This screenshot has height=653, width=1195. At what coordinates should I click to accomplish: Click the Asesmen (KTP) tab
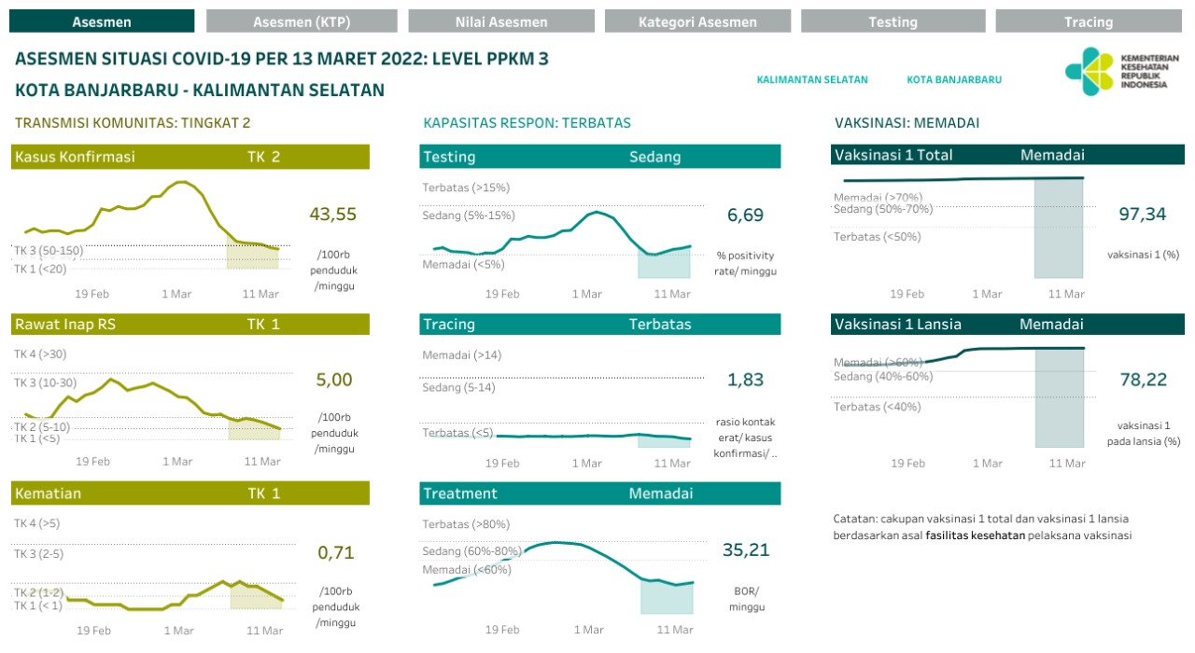302,21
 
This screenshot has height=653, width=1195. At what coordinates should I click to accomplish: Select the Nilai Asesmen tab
501,21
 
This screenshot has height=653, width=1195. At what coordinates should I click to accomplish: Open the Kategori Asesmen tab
697,21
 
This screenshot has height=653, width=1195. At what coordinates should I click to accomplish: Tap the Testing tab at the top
893,21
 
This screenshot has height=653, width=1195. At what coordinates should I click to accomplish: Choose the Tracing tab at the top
1089,21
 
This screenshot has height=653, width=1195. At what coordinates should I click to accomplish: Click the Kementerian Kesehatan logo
1121,71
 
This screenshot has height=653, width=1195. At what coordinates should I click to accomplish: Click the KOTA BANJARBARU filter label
954,80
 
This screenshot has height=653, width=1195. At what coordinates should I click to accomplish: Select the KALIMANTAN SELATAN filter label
812,80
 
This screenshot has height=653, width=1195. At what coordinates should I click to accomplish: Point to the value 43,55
333,215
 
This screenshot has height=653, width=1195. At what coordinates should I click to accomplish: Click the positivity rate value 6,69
745,215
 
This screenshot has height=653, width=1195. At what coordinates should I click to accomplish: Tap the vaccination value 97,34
1143,215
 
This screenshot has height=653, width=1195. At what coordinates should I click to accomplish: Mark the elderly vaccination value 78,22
1143,379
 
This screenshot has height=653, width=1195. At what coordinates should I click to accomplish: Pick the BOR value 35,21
746,550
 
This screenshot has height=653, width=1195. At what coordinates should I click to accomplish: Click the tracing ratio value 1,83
745,380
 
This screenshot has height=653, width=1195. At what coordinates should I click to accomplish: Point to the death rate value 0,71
336,552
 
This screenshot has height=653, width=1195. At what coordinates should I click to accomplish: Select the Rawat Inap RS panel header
190,325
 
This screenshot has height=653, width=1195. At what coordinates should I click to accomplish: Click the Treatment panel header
599,493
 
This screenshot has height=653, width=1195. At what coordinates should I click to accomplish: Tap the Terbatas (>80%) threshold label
466,524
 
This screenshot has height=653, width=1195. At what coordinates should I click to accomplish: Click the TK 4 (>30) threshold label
40,354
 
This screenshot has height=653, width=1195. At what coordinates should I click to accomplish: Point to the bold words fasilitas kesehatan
976,535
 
